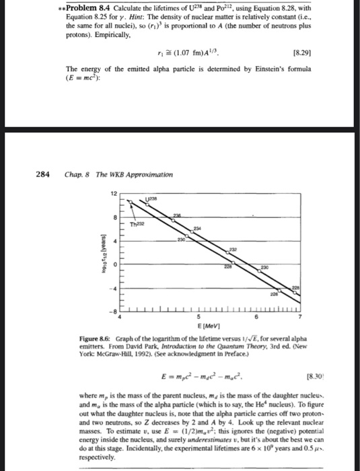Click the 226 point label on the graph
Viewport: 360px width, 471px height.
pos(290,294)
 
